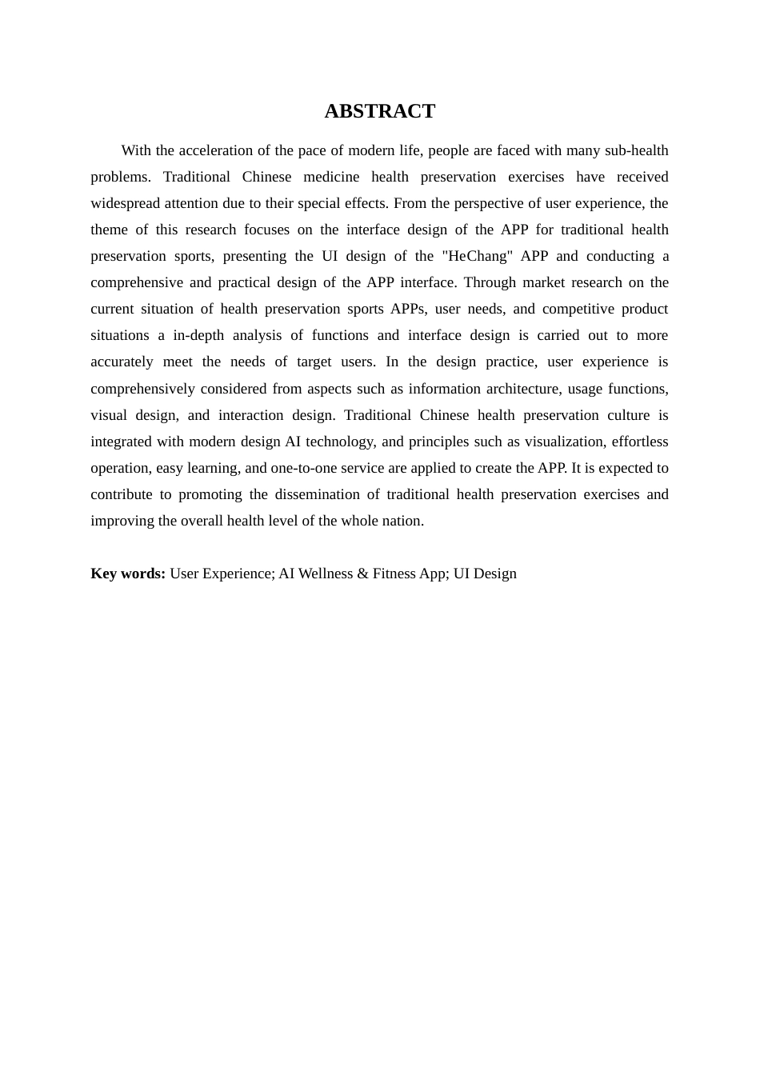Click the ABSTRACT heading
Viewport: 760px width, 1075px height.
379,111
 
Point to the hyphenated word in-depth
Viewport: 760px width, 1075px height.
198,335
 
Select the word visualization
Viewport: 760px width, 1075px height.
564,442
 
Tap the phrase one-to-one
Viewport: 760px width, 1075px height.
302,468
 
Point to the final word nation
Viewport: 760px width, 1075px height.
405,521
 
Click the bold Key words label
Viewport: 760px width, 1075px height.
128,573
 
